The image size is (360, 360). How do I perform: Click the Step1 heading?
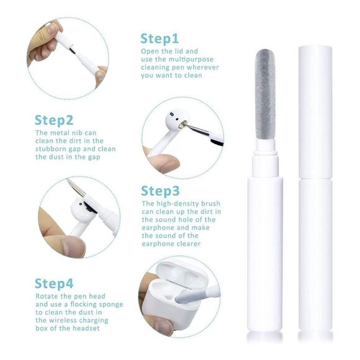(x=160, y=38)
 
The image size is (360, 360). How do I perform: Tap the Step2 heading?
(x=54, y=120)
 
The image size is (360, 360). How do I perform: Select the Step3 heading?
(x=160, y=191)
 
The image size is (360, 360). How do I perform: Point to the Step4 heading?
(x=54, y=284)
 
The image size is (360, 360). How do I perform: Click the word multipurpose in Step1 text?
(x=191, y=60)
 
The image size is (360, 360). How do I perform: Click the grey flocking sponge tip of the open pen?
(x=265, y=94)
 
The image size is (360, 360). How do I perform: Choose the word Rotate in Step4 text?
(x=47, y=296)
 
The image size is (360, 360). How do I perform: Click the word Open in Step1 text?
(x=149, y=52)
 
